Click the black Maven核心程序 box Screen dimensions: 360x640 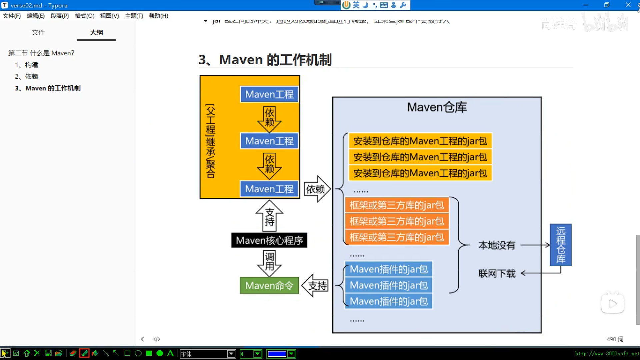click(x=269, y=240)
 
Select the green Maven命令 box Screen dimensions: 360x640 click(x=269, y=286)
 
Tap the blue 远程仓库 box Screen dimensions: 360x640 click(x=560, y=245)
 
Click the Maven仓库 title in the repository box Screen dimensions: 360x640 click(x=437, y=107)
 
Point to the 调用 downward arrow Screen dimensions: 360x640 click(x=269, y=262)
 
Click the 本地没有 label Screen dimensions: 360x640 click(x=497, y=245)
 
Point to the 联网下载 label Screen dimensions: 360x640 click(x=497, y=274)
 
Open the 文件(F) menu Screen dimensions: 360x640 click(x=12, y=16)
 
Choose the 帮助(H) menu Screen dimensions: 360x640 click(x=158, y=16)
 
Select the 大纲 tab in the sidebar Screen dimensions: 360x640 click(x=96, y=32)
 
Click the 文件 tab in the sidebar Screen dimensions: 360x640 click(x=38, y=32)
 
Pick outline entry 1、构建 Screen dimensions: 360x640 click(x=27, y=65)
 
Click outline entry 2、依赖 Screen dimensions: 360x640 click(x=27, y=76)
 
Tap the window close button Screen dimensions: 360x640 click(x=628, y=5)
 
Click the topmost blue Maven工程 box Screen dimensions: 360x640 click(x=269, y=94)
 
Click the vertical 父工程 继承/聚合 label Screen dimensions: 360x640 click(x=211, y=141)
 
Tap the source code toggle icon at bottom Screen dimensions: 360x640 click(x=157, y=339)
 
